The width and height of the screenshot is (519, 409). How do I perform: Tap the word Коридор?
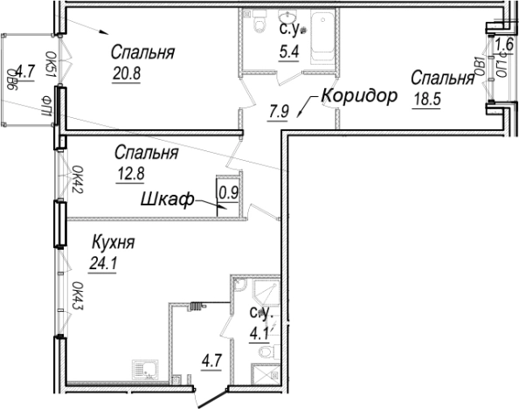(x=358, y=95)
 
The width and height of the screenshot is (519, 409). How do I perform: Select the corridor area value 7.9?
(x=279, y=110)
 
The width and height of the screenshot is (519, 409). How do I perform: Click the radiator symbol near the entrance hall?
(x=197, y=305)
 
